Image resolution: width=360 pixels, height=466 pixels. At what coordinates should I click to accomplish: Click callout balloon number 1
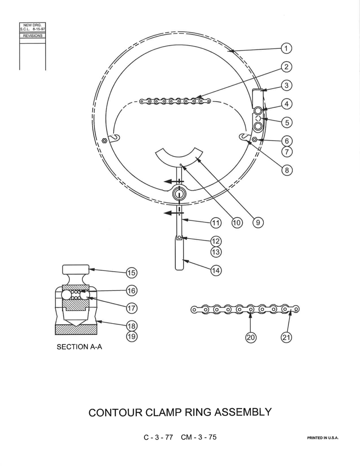[286, 49]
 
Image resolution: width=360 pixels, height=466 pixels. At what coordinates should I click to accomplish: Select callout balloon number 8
[287, 170]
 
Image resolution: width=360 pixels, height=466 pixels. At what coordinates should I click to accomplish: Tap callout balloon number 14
[216, 270]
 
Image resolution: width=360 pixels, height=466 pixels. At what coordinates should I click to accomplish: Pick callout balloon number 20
[250, 337]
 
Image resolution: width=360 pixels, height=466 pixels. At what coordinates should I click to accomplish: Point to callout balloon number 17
[131, 308]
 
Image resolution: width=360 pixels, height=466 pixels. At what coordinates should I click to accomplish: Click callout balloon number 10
[237, 223]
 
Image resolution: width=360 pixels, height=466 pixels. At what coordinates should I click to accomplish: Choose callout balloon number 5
[287, 122]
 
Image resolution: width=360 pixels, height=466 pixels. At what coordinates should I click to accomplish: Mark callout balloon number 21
[287, 337]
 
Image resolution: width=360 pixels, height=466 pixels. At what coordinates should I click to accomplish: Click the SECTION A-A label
[79, 347]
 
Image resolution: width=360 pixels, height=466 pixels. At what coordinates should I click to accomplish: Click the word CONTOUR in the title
[115, 412]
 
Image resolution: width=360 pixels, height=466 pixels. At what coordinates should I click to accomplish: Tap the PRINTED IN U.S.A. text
[323, 438]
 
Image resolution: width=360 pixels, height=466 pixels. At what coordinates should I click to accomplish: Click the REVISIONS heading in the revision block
[33, 35]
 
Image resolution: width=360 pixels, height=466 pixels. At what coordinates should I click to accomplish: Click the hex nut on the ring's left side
[104, 141]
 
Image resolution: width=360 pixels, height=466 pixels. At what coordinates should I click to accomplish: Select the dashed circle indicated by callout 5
[258, 118]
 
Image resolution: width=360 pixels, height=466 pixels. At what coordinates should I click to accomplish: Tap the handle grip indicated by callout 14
[179, 254]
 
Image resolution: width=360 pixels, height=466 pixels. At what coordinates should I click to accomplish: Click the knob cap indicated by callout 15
[75, 269]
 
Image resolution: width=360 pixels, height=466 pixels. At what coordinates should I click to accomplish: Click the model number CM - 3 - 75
[199, 437]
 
